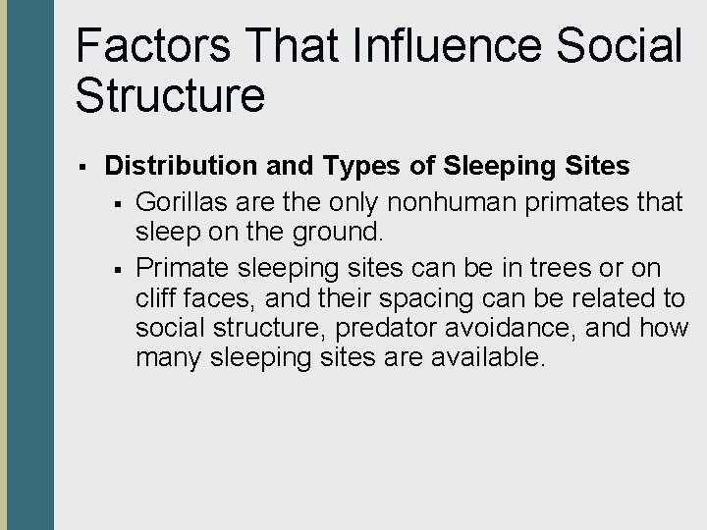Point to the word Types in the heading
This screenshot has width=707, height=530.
347,167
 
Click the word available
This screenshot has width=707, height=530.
486,356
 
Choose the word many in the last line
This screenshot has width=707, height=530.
172,356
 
